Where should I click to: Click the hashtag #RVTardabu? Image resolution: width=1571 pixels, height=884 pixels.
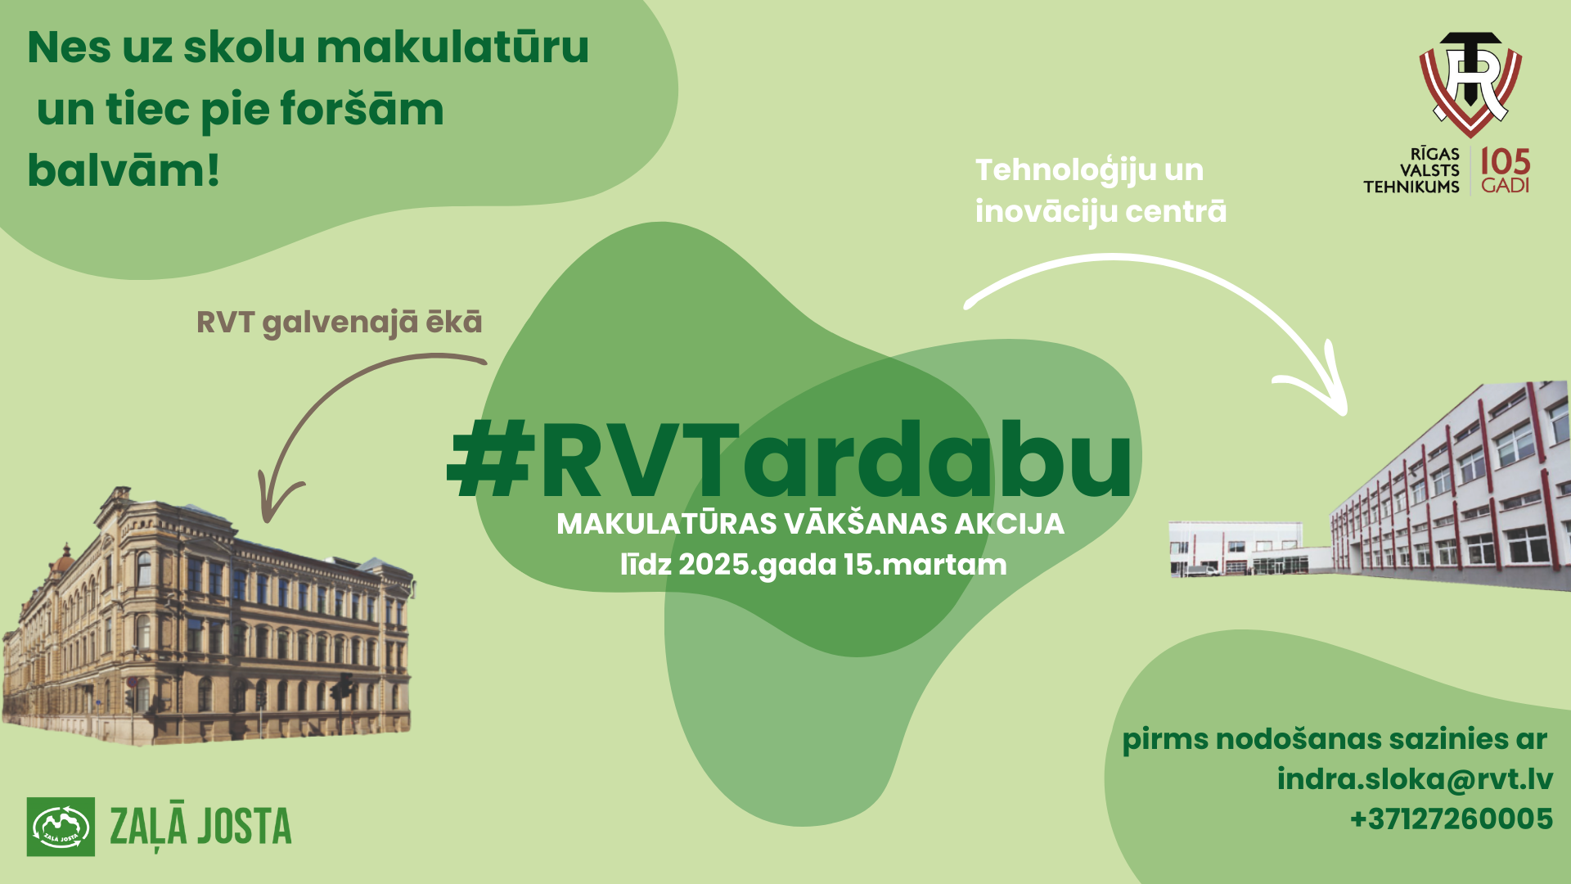[x=790, y=460]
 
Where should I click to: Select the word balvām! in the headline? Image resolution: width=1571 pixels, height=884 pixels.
[x=124, y=170]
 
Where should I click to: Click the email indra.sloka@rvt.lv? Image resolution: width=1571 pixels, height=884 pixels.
[x=1415, y=778]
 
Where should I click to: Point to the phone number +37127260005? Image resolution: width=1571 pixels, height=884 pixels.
[x=1451, y=819]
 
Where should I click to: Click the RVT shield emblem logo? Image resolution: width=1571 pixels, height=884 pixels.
[x=1470, y=83]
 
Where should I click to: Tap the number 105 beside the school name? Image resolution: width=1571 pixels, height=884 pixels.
[x=1505, y=161]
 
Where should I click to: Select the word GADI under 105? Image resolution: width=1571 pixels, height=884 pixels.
[x=1505, y=186]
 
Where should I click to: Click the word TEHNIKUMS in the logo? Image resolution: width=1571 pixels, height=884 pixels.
[x=1411, y=187]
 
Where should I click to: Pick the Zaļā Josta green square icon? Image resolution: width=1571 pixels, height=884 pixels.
[x=61, y=827]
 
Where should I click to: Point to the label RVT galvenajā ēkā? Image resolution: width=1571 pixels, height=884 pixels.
[x=340, y=322]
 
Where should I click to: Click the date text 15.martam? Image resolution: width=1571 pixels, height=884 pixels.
[x=925, y=565]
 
